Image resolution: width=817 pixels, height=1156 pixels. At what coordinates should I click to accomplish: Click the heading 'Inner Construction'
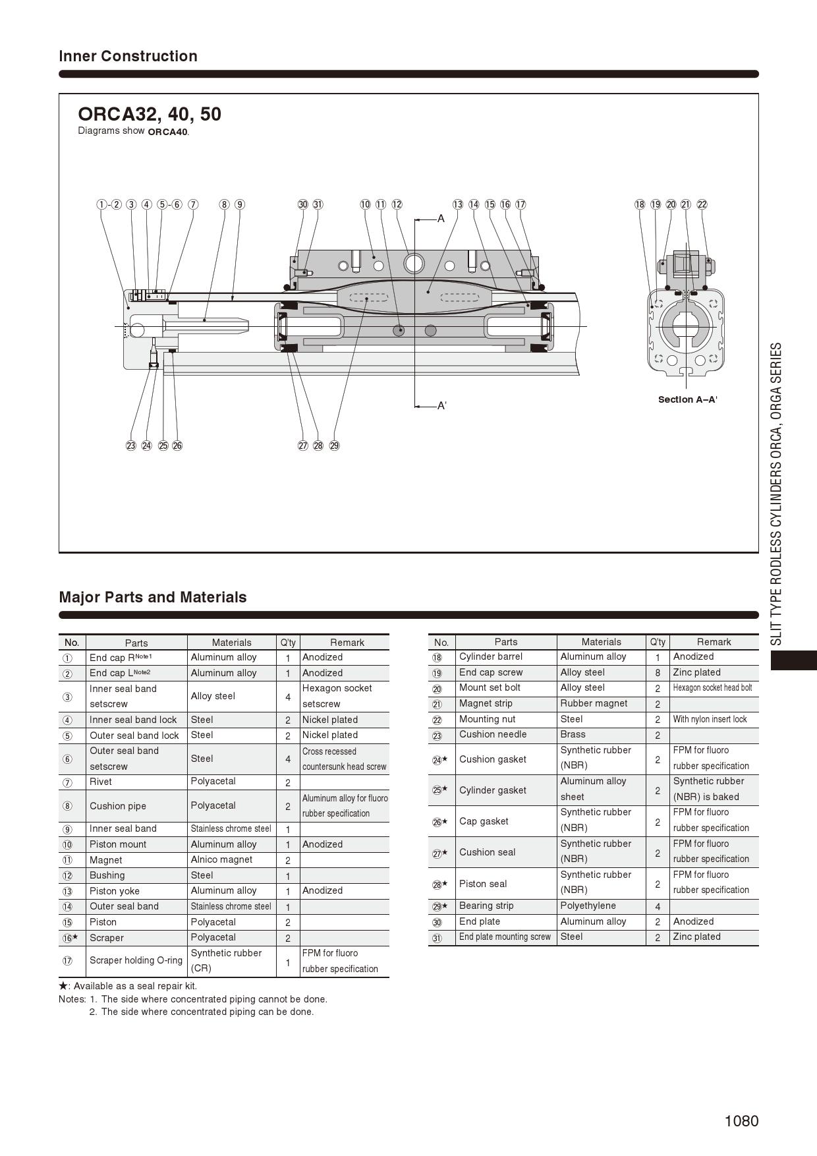point(128,56)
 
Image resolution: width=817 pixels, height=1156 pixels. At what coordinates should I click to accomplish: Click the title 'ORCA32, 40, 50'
point(150,114)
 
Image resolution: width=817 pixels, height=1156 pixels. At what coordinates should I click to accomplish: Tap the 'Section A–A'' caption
point(687,399)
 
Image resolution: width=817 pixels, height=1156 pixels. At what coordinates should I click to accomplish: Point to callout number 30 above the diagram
point(302,204)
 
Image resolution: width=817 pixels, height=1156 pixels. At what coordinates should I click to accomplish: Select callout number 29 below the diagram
point(334,446)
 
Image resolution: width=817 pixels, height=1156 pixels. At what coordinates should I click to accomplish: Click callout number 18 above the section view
point(640,204)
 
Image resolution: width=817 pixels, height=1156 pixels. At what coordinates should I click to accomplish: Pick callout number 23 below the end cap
point(130,446)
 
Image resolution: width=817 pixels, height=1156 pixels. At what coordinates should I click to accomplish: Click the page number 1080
point(741,1121)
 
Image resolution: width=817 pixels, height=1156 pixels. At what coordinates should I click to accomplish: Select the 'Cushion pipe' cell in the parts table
point(118,805)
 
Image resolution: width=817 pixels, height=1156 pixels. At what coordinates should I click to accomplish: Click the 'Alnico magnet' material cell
point(221,859)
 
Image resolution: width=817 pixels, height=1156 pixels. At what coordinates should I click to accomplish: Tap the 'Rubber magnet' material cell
point(594,703)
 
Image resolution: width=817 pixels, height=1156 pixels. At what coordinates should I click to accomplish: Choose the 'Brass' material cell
point(573,734)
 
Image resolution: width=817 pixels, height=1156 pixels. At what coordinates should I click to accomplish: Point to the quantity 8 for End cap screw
point(658,672)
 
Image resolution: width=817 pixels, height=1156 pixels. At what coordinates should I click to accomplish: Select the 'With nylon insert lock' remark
point(710,719)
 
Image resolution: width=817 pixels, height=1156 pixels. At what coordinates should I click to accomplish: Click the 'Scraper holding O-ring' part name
point(136,960)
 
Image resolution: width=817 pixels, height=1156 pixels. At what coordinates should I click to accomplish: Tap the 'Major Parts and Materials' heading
point(153,597)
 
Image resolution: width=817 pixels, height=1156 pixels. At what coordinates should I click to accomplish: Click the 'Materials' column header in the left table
point(231,643)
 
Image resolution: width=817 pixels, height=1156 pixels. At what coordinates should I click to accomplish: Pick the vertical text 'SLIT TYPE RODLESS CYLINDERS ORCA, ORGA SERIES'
point(777,494)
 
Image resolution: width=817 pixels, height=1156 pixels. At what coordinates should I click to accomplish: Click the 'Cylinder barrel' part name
point(491,656)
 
